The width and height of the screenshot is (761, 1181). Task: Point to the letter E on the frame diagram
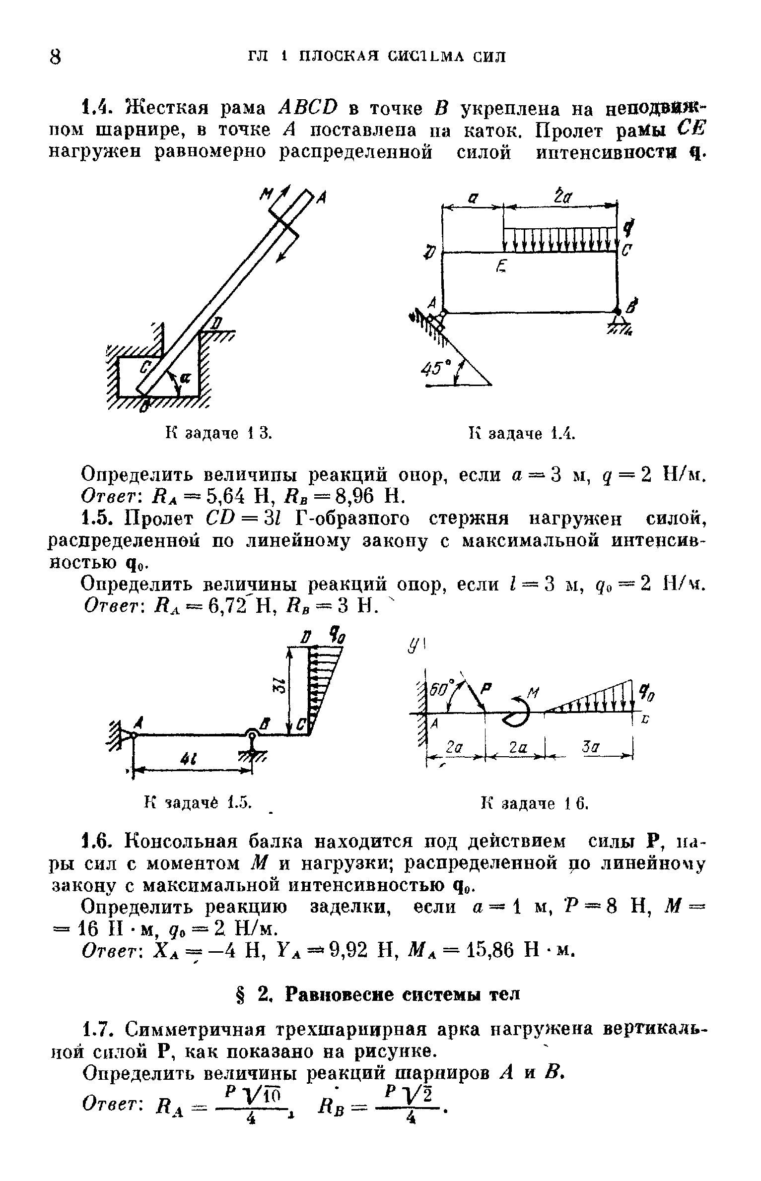click(501, 268)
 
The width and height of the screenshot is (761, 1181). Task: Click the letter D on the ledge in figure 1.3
click(215, 323)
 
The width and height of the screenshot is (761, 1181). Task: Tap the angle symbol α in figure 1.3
click(185, 377)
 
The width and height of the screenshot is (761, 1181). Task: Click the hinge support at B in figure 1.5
click(252, 736)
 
